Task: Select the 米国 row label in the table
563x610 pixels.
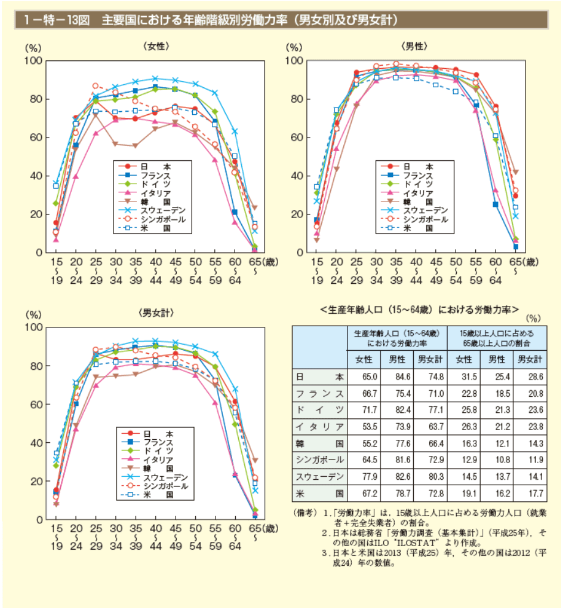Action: click(x=319, y=493)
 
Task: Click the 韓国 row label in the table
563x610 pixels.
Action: click(x=319, y=443)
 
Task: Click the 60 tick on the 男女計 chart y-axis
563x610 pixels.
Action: click(x=35, y=404)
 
